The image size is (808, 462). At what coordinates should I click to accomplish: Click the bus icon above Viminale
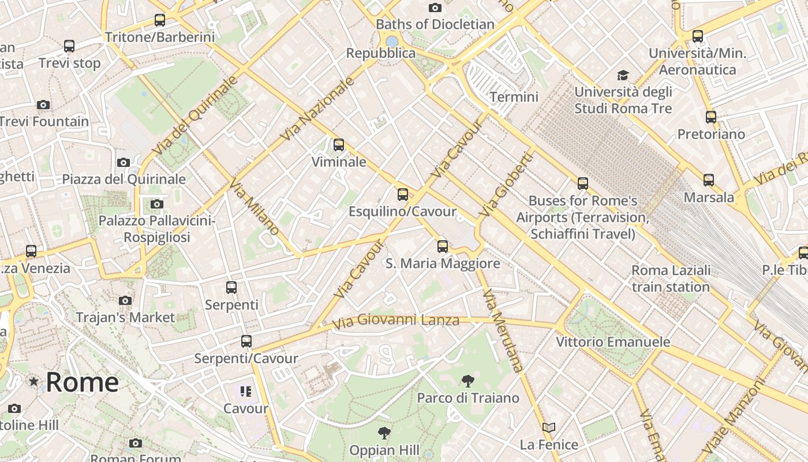coord(339,145)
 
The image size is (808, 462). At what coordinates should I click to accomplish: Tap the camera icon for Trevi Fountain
coord(43,105)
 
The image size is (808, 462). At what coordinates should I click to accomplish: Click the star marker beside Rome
coord(34,382)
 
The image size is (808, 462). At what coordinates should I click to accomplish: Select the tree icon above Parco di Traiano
coord(468,381)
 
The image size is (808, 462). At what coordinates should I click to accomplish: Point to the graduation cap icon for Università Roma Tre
coord(623,76)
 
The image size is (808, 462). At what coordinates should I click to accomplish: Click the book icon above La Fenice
coord(548,428)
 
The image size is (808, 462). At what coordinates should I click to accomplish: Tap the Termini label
coord(514,97)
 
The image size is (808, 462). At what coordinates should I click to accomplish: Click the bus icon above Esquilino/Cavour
coord(403,195)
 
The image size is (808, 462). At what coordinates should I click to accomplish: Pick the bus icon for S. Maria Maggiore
coord(443,247)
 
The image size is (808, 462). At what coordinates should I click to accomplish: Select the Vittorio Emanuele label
coord(613,342)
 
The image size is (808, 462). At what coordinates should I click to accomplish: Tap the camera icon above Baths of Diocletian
coord(435,8)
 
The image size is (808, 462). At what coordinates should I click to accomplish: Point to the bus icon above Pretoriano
coord(711,117)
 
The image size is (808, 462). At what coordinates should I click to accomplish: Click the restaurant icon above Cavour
coord(246,392)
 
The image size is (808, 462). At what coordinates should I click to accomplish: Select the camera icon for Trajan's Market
coord(125,300)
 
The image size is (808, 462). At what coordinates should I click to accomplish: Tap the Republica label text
coord(381,53)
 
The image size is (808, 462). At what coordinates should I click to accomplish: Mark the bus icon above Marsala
coord(709,180)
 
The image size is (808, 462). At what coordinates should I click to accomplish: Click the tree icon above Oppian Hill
coord(384,433)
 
